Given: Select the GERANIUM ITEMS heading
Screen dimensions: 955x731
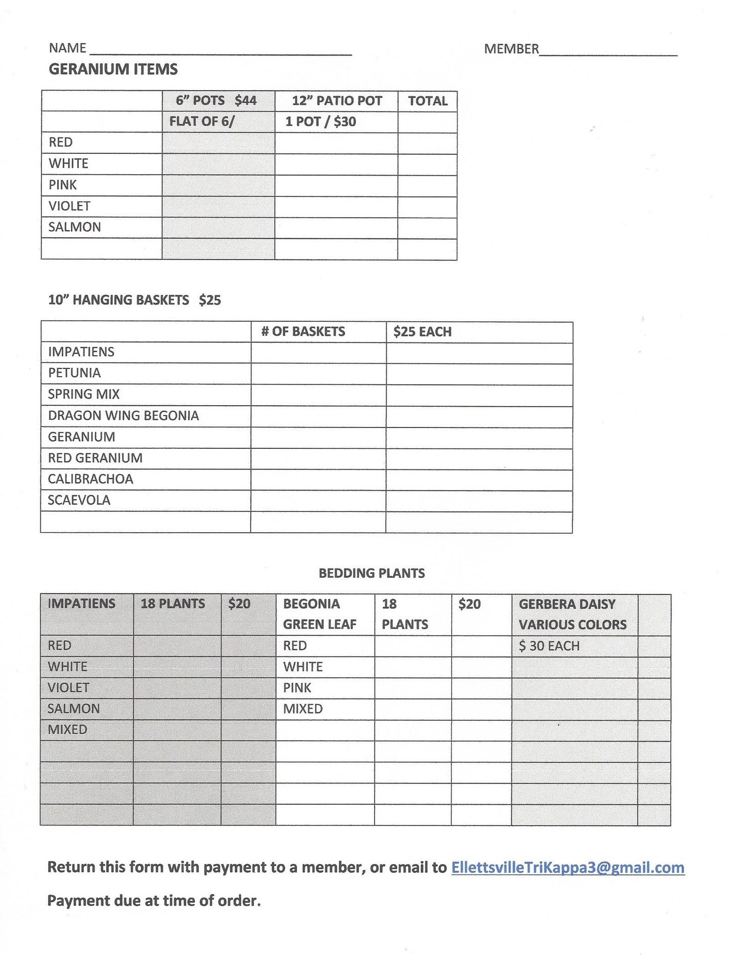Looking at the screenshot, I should [113, 69].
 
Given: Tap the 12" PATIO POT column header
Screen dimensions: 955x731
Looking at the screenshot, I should [337, 101].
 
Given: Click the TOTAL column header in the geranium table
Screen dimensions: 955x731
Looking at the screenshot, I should [427, 101].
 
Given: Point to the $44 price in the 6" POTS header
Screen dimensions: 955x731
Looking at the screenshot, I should [246, 101].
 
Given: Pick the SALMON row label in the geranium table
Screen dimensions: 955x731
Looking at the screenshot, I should [75, 227].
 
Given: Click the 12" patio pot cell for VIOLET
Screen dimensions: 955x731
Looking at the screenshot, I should [336, 206].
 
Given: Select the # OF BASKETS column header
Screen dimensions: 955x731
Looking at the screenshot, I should [303, 332].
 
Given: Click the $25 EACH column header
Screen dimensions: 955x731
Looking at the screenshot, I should [422, 332].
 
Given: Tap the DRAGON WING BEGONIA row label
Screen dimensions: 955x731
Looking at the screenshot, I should [123, 416].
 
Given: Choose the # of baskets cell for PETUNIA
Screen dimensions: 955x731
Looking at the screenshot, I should [318, 373].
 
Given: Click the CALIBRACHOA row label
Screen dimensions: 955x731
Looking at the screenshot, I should [91, 479].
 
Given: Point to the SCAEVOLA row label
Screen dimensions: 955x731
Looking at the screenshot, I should [79, 500].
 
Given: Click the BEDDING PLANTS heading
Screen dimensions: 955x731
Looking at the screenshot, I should [371, 573].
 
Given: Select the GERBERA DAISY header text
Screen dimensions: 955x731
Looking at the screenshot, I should [567, 604].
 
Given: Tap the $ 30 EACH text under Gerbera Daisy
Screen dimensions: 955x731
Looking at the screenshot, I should [549, 646].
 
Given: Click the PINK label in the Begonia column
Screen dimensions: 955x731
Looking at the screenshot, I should [297, 688].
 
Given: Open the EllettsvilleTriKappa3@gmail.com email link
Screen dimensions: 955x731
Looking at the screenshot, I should [568, 867].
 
